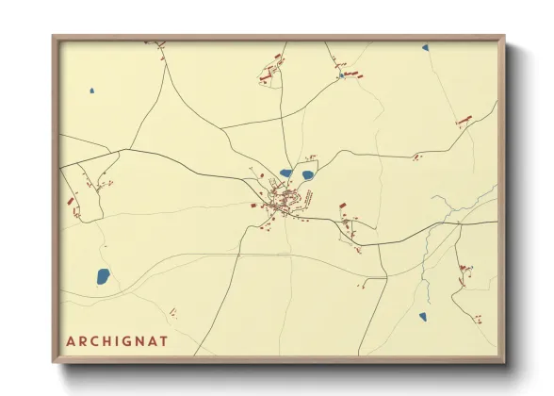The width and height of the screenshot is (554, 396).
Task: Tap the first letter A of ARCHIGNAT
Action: (x=71, y=339)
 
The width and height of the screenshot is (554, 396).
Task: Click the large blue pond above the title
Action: (x=103, y=276)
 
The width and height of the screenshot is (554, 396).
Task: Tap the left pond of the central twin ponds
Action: (x=285, y=173)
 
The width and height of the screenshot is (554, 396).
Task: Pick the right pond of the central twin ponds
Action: (x=306, y=173)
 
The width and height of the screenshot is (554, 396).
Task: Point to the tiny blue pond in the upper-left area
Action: (x=91, y=91)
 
